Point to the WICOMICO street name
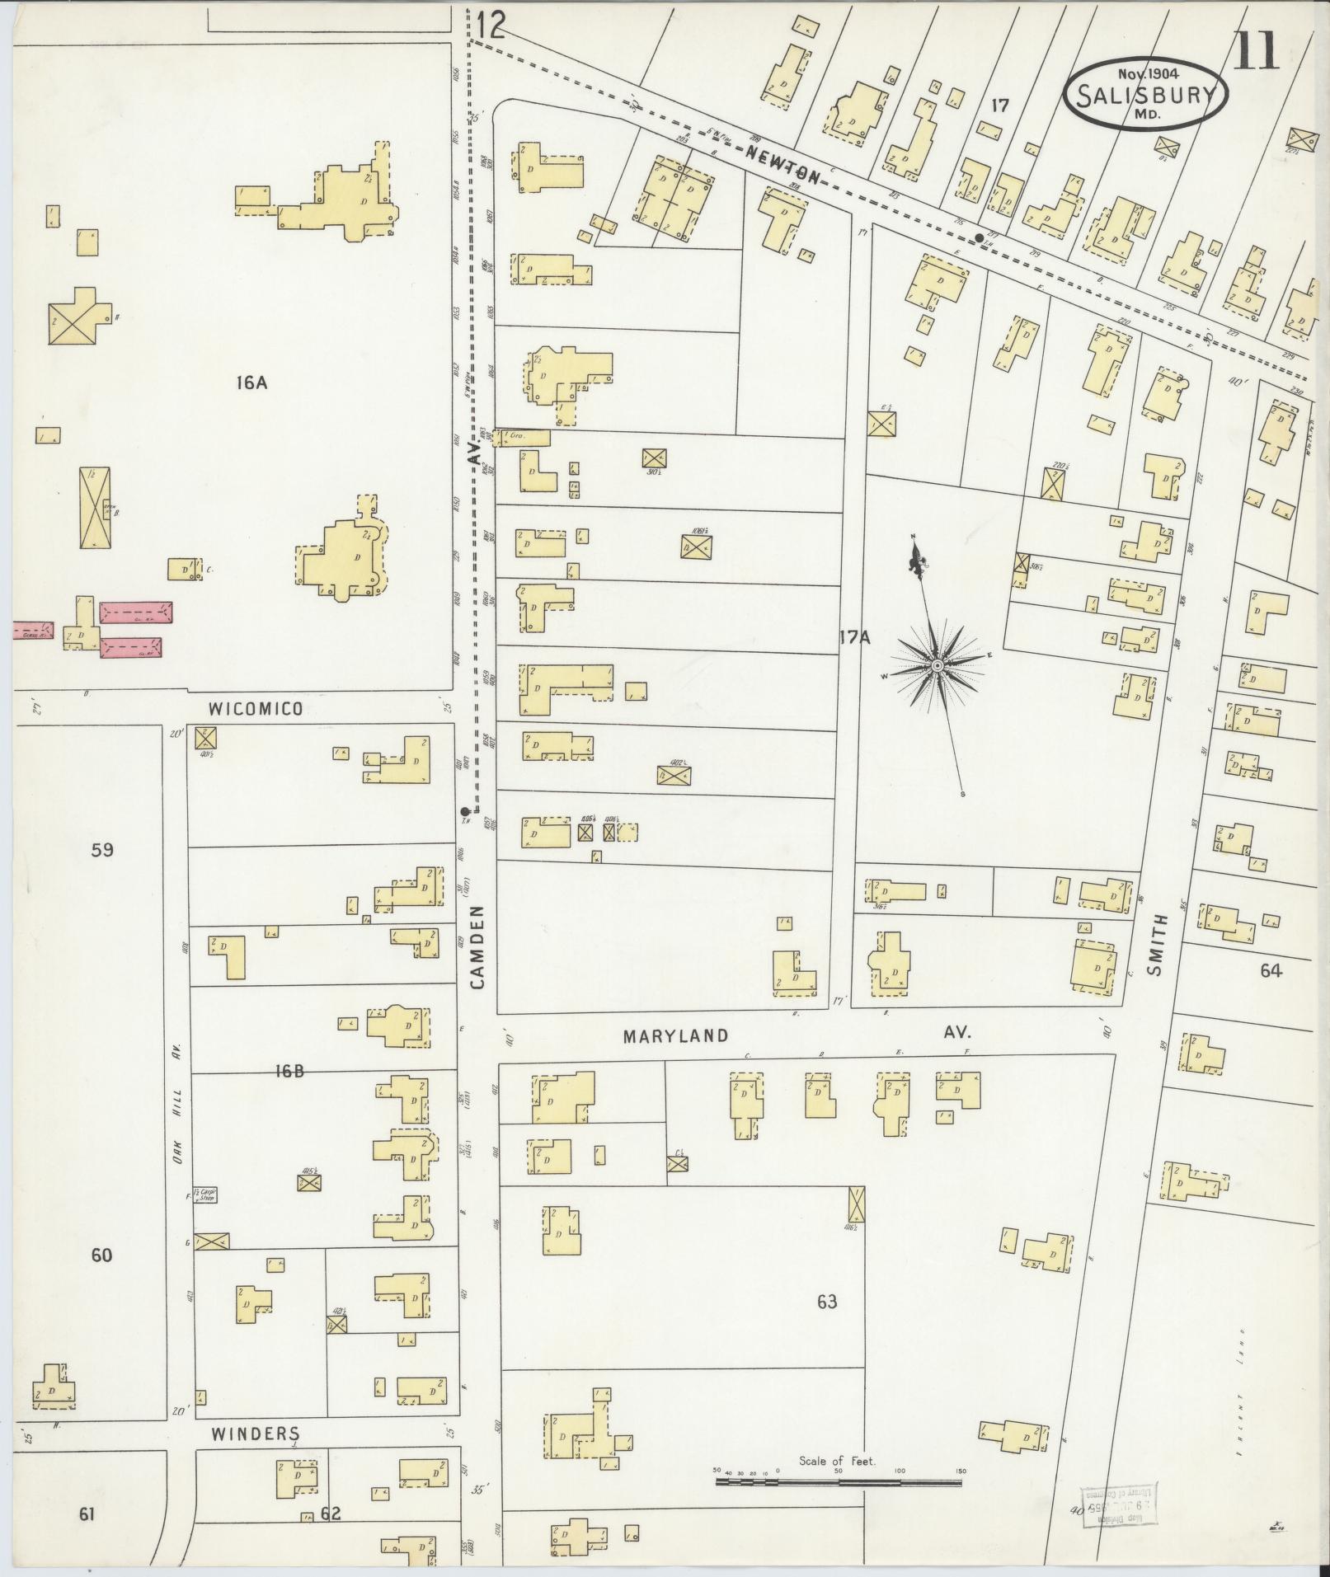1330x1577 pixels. (x=256, y=709)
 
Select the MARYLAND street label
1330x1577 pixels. (x=675, y=1035)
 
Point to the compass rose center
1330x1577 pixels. (x=938, y=664)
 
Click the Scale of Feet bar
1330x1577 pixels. (x=838, y=1482)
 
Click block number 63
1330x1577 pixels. (x=827, y=1302)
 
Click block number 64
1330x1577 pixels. (x=1271, y=970)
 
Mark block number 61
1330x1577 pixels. (x=87, y=1514)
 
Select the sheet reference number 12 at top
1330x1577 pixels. (x=490, y=27)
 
